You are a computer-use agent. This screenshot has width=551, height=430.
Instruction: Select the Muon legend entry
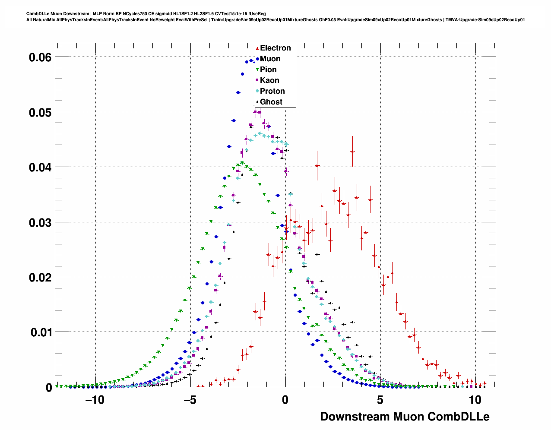(x=270, y=59)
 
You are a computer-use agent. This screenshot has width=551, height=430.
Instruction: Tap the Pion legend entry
(x=268, y=70)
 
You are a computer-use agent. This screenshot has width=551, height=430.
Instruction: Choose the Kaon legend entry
(x=269, y=80)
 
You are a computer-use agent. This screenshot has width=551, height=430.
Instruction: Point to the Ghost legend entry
(x=271, y=102)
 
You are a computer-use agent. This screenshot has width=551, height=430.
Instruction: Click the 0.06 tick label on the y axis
(x=40, y=57)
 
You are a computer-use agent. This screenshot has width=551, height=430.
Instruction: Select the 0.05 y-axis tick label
(x=40, y=113)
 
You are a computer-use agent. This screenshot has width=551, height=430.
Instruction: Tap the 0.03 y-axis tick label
(x=40, y=223)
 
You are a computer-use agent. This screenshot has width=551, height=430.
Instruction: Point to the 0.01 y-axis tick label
(x=40, y=333)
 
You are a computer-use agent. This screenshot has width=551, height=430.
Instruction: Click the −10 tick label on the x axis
(x=95, y=400)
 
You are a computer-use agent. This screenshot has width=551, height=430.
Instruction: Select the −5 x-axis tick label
(x=190, y=400)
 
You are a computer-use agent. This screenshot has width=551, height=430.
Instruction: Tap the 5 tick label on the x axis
(x=380, y=400)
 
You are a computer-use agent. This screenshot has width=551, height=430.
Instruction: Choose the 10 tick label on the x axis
(x=475, y=400)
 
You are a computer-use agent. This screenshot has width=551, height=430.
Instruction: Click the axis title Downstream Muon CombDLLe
(x=405, y=417)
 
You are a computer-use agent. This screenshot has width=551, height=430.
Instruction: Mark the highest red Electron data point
(x=353, y=152)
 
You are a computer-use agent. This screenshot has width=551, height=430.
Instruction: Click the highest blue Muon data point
(x=251, y=61)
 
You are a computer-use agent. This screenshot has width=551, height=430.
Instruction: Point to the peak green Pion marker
(x=242, y=163)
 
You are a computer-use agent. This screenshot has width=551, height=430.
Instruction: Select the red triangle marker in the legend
(x=257, y=48)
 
